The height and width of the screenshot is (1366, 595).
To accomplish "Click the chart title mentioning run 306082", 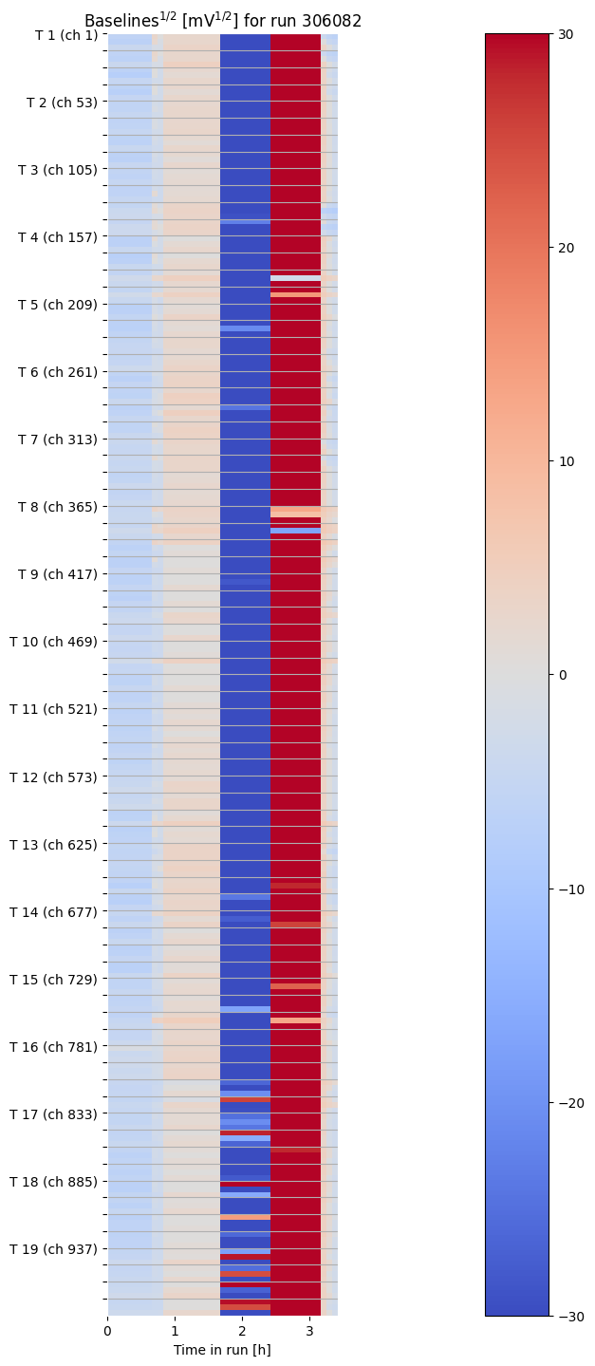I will coord(222,21).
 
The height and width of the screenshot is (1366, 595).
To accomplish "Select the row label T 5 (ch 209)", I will coord(57,305).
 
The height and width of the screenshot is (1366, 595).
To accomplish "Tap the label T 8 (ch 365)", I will coord(57,507).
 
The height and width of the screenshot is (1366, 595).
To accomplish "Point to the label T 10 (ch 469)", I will coord(53,642).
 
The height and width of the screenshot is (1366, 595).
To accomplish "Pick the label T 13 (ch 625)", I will coord(53,844).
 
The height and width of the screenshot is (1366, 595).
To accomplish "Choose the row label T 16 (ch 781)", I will coord(53,1046).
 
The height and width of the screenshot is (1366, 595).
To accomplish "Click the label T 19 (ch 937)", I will coord(53,1248).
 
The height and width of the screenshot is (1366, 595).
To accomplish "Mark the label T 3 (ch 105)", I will coord(57,170).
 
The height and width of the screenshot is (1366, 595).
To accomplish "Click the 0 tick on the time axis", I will coord(107,1331).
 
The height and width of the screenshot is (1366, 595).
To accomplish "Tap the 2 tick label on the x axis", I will coord(242,1331).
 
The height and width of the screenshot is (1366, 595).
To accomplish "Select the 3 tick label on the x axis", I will coord(309,1331).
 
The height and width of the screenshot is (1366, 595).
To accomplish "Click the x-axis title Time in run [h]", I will coord(222,1349).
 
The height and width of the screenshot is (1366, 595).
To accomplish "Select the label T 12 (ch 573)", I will coord(53,777).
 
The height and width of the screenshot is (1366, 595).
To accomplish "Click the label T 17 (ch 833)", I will coord(53,1113).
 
